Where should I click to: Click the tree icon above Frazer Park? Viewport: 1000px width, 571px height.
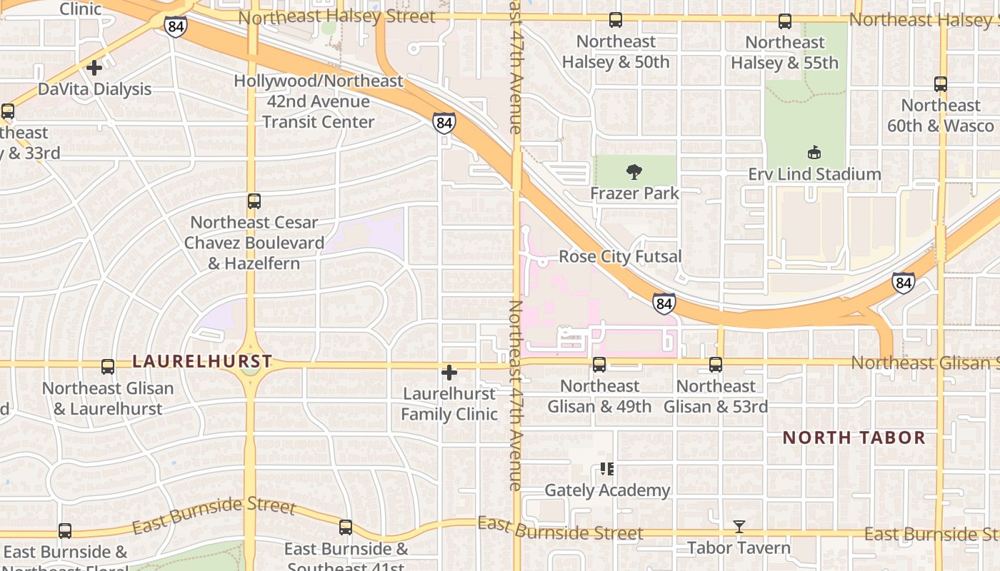click(633, 171)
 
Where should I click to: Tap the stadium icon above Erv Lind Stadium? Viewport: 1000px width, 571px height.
click(814, 152)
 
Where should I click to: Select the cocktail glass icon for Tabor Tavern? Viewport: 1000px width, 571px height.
click(739, 527)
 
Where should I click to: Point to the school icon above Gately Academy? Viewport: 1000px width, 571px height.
click(606, 469)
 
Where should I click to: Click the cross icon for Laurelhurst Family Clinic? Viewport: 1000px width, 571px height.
click(449, 373)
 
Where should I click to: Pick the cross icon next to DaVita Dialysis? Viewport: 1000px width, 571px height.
click(94, 68)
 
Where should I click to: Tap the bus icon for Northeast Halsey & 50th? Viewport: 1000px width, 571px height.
click(616, 21)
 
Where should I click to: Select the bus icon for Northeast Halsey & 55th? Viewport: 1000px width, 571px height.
click(785, 21)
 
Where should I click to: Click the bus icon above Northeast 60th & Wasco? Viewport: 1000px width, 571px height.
click(941, 84)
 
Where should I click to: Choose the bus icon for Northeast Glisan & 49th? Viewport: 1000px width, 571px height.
click(599, 365)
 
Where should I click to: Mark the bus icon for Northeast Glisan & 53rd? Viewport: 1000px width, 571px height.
click(716, 365)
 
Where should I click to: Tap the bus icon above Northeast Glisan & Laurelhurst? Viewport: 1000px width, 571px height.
click(108, 367)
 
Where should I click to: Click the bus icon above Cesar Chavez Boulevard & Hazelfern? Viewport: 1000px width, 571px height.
click(254, 201)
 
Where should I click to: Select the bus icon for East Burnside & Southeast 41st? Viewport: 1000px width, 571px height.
click(346, 527)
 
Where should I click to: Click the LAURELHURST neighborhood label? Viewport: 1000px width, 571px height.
click(203, 362)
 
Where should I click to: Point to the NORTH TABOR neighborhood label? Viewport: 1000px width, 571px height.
click(854, 438)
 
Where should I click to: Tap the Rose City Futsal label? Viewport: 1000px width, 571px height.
click(620, 256)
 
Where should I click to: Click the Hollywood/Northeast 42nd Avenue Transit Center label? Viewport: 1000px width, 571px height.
click(319, 101)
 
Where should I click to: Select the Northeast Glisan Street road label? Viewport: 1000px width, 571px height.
click(925, 363)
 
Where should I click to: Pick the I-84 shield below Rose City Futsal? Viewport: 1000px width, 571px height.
click(664, 304)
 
